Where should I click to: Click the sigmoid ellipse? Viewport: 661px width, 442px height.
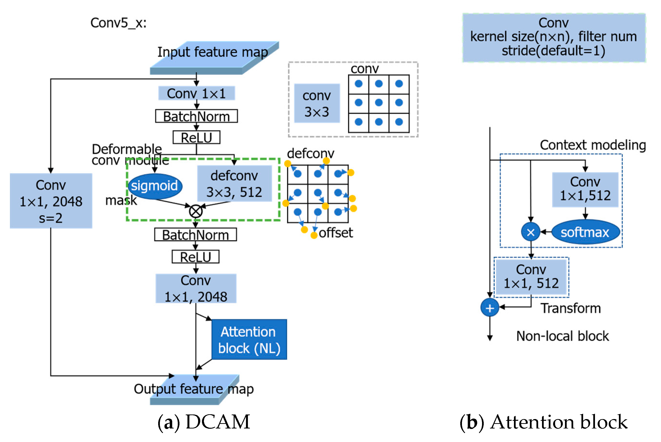point(155,186)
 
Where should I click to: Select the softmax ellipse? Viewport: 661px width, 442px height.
point(585,232)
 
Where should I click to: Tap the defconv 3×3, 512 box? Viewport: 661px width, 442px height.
point(234,184)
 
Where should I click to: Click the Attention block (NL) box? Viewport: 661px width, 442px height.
point(249,339)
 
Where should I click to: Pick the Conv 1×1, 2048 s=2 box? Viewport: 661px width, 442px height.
point(51,201)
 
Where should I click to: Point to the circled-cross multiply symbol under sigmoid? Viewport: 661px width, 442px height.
point(196,211)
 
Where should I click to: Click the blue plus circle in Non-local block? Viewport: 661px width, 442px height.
point(490,308)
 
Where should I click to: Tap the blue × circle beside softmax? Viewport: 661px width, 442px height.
point(531,232)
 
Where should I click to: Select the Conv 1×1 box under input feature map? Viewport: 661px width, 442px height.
point(197,93)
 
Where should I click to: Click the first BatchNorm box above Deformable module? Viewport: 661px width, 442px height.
point(197,116)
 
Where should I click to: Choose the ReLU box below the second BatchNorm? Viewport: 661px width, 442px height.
point(195,257)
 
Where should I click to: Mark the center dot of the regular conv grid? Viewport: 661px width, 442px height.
point(379,103)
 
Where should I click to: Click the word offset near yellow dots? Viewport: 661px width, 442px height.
point(336,233)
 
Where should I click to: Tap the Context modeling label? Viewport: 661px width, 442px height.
point(593,145)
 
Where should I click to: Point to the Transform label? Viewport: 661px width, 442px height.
point(570,308)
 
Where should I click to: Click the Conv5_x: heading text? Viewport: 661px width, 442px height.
point(118,23)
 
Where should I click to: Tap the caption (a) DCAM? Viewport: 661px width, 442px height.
point(204,422)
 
